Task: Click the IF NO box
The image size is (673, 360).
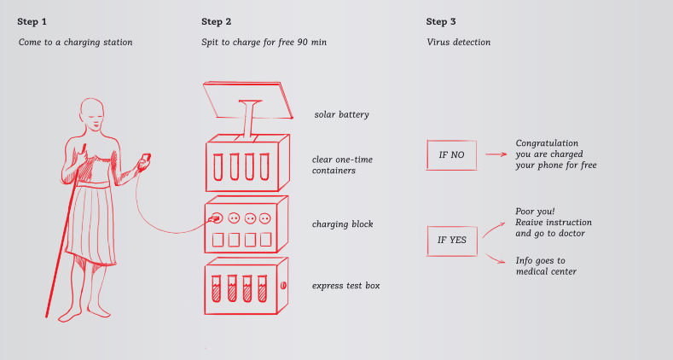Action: (451, 155)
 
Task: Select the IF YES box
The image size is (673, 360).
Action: (452, 241)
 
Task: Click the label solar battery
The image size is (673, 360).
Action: (341, 114)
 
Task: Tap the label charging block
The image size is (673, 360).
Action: (343, 224)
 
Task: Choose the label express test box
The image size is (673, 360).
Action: (345, 285)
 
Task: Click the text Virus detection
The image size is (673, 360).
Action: (458, 42)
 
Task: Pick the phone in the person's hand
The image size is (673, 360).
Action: (146, 160)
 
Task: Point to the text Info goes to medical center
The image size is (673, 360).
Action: (546, 266)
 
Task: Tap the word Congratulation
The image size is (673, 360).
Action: (547, 142)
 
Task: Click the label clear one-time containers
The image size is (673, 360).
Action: (342, 165)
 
